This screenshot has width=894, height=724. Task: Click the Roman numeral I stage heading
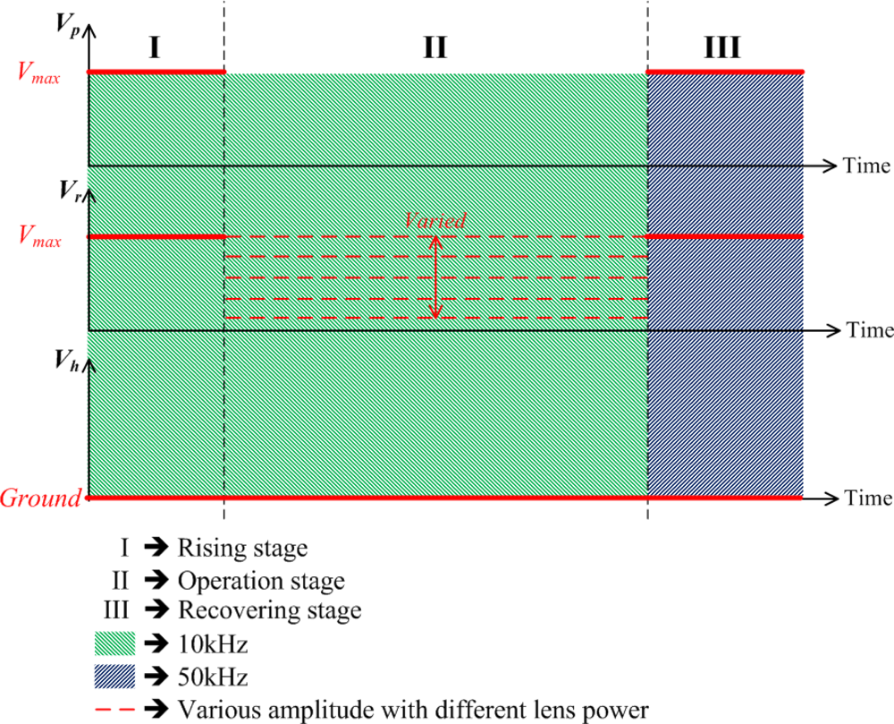(155, 47)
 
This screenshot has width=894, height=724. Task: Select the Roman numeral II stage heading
(434, 47)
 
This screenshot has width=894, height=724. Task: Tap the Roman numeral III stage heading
(721, 47)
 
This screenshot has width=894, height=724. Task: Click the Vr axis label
(71, 190)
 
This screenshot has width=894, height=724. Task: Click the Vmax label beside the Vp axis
(40, 73)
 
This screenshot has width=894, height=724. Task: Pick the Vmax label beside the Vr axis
(40, 238)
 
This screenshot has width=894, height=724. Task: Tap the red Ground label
(41, 498)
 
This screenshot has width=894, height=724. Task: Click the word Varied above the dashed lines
(434, 220)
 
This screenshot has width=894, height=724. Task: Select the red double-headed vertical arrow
(435, 277)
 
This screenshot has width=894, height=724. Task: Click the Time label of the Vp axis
(866, 166)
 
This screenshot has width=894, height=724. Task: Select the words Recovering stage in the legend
(269, 612)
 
